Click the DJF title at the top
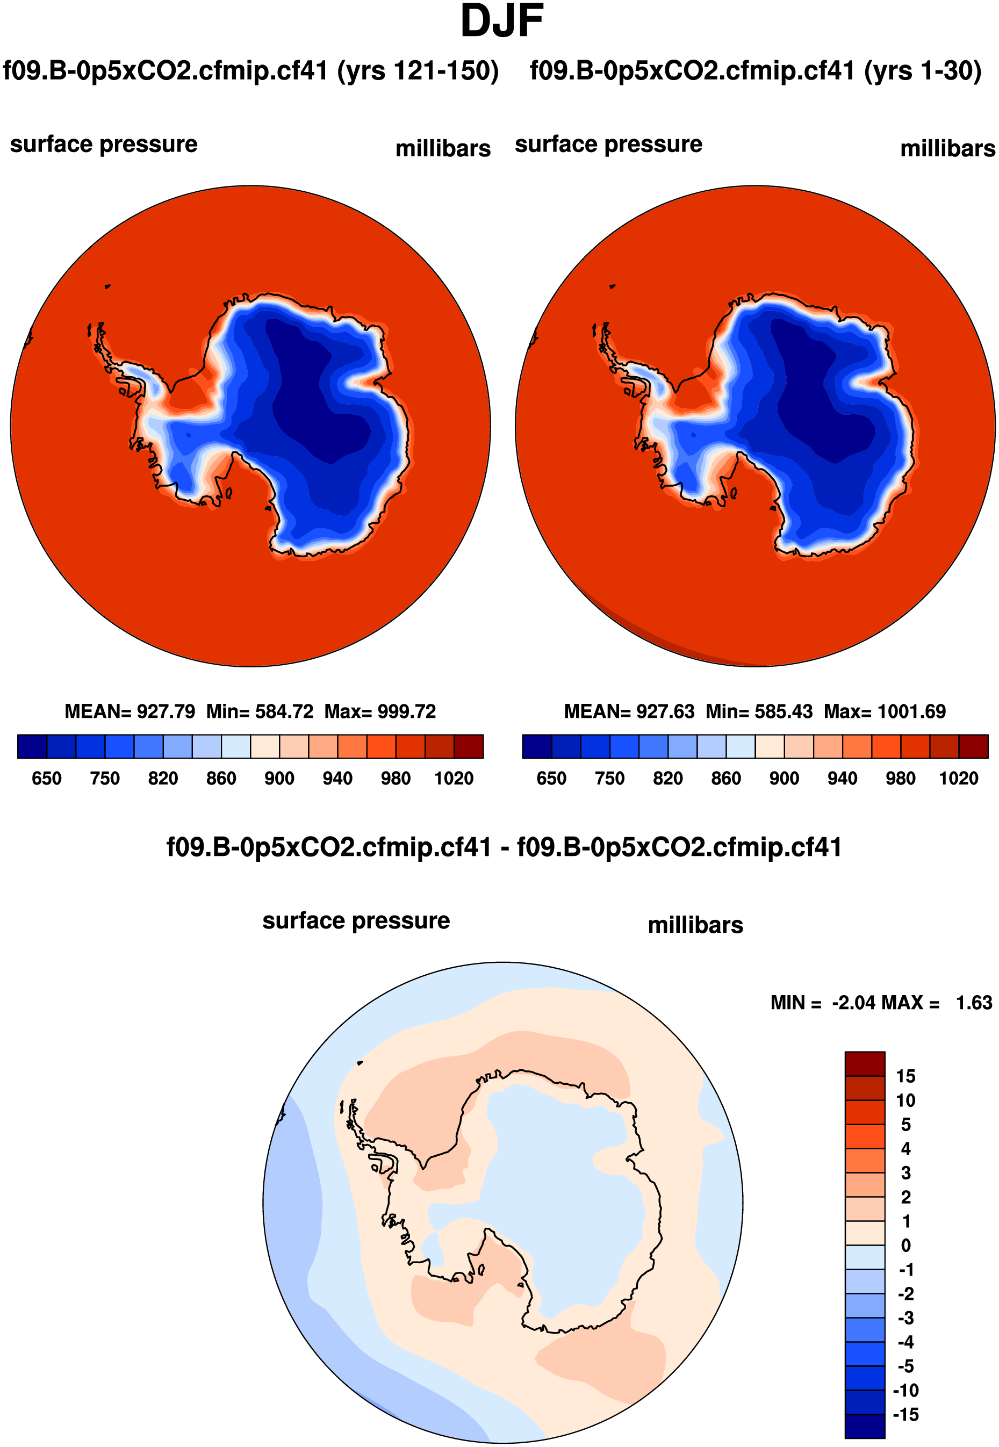tap(501, 21)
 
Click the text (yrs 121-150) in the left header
tap(418, 71)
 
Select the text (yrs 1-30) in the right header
tap(922, 71)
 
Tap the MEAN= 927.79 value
tap(130, 711)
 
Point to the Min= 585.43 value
tap(759, 711)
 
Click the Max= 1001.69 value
tap(884, 711)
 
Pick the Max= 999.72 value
tap(379, 711)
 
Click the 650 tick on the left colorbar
tap(46, 778)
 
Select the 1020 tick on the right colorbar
tap(958, 778)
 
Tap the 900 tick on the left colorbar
tap(278, 778)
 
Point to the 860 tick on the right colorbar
tap(725, 778)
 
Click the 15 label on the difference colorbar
tap(905, 1076)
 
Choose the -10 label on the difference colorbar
tap(905, 1390)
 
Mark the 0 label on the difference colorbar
tap(905, 1245)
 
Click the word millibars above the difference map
tap(695, 925)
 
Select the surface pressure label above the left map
tap(104, 144)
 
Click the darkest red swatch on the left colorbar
tap(468, 746)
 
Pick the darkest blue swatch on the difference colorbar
tap(865, 1426)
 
